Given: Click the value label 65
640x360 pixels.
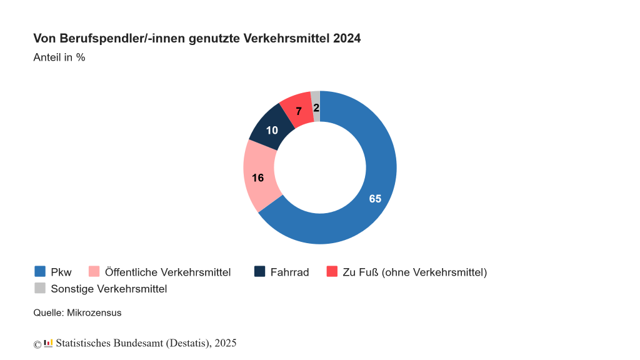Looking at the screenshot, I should (375, 199).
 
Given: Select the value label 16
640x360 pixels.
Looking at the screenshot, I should (257, 177).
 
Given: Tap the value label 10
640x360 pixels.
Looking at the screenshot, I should (272, 130).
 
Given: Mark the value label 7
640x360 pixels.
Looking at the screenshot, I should (299, 111).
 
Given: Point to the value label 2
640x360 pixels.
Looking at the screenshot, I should (316, 108).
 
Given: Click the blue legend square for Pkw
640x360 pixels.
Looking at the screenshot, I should (40, 271).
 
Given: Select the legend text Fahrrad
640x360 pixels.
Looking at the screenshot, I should (289, 272).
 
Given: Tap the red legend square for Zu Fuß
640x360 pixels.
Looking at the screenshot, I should (332, 271).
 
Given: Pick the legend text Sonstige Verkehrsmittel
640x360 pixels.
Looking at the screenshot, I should (109, 289).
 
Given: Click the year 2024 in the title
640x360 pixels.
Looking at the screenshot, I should (347, 39).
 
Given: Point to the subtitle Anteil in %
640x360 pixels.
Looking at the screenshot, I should (59, 57).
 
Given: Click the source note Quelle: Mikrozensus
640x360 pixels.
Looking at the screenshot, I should (77, 312).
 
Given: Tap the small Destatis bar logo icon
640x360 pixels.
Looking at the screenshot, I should (48, 343).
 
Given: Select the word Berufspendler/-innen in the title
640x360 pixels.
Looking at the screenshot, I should (110, 39).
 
